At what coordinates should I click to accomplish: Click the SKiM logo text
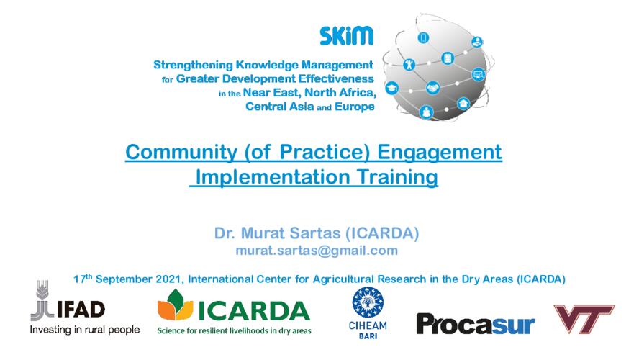346,36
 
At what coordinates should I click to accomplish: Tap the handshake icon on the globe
432,88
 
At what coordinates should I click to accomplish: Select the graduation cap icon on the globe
391,88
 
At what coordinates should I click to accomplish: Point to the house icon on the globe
463,103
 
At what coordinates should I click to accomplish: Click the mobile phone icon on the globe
423,38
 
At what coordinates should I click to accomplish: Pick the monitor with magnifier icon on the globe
479,75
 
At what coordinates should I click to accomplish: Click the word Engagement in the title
439,152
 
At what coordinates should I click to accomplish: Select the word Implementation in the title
273,177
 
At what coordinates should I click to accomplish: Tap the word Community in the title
181,152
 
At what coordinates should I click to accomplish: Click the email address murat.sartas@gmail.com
317,251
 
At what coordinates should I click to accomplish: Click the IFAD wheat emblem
42,300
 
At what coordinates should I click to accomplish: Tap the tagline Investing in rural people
85,330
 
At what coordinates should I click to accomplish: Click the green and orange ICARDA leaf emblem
176,305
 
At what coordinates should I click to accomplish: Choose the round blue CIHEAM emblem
368,302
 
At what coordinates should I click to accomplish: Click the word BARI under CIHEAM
368,336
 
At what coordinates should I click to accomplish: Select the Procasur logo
476,324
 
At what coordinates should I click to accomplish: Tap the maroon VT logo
584,319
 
